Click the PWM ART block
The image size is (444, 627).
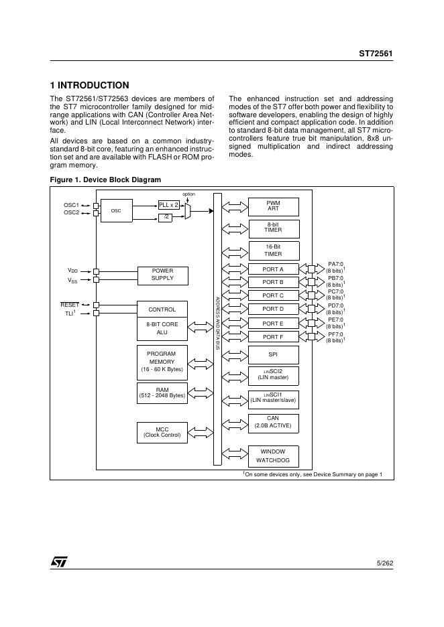(x=273, y=206)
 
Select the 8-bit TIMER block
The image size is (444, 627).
(x=273, y=228)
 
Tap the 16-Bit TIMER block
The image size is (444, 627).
(x=273, y=250)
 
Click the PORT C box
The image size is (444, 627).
(x=273, y=295)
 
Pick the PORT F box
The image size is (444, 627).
(x=273, y=337)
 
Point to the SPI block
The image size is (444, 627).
(x=273, y=354)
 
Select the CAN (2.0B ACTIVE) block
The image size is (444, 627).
(x=273, y=422)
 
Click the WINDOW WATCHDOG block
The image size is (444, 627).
(x=273, y=456)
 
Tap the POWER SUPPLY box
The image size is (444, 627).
(x=162, y=275)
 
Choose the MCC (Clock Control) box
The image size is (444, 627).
(x=162, y=432)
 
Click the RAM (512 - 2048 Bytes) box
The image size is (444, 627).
(x=162, y=392)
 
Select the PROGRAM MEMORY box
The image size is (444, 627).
(x=162, y=361)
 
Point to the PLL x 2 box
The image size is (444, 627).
(x=168, y=204)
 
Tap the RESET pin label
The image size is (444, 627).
(x=70, y=305)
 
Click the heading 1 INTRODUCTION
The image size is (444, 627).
(x=90, y=85)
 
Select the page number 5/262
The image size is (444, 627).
(x=385, y=564)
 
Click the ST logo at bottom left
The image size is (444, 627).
(x=59, y=563)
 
